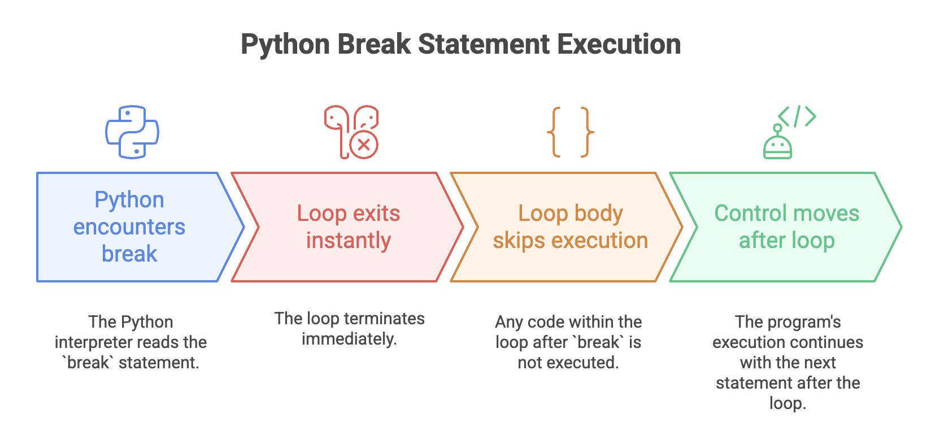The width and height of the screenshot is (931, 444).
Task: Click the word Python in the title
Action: tap(285, 45)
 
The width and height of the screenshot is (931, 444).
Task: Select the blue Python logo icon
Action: tap(132, 132)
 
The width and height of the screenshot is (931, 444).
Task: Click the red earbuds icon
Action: tap(351, 132)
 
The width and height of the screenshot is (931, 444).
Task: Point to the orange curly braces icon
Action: tap(570, 132)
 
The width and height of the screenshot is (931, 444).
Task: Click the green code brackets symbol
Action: tap(797, 116)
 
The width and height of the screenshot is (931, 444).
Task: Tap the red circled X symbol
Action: tap(364, 145)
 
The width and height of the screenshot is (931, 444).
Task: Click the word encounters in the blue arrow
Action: tap(129, 227)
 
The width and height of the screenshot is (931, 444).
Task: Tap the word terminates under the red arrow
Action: tap(384, 319)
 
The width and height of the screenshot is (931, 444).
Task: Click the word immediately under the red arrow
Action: tap(350, 339)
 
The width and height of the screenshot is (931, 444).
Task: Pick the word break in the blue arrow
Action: tap(129, 254)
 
